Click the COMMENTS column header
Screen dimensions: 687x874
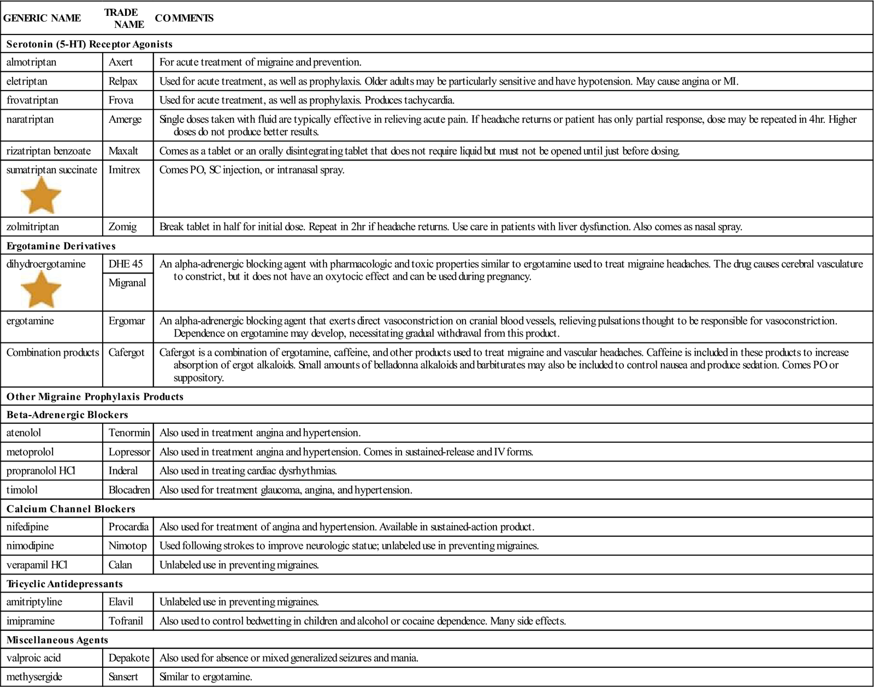(x=184, y=18)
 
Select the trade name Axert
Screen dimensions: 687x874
(x=121, y=62)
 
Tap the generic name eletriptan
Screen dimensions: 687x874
(x=27, y=81)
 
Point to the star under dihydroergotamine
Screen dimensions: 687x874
(x=41, y=289)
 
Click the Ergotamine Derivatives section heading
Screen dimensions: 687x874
(x=61, y=246)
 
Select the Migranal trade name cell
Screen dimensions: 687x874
(x=127, y=283)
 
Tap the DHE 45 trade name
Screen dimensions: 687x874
(x=126, y=264)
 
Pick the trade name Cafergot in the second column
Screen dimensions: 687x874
(x=127, y=353)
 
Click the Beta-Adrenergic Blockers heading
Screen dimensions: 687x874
(x=67, y=414)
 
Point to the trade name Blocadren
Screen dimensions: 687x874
(x=129, y=490)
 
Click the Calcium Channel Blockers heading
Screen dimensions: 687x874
(x=70, y=509)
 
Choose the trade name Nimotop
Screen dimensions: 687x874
(x=127, y=546)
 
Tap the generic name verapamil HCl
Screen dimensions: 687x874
(x=37, y=565)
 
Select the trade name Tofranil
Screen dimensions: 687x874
(x=126, y=621)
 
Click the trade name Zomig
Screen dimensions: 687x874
(x=122, y=227)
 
